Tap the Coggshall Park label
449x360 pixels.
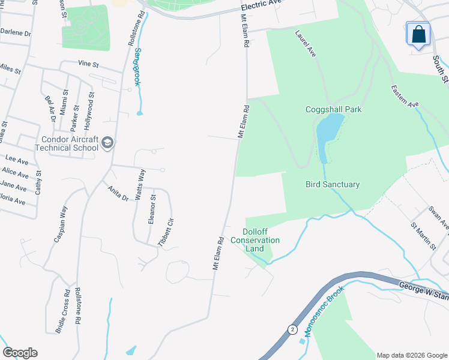334,109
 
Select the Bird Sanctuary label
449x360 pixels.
333,185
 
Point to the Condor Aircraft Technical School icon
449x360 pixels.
107,142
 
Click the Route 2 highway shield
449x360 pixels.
292,329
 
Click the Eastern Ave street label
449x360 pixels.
404,96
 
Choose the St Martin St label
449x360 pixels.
423,236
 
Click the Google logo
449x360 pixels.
20,353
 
